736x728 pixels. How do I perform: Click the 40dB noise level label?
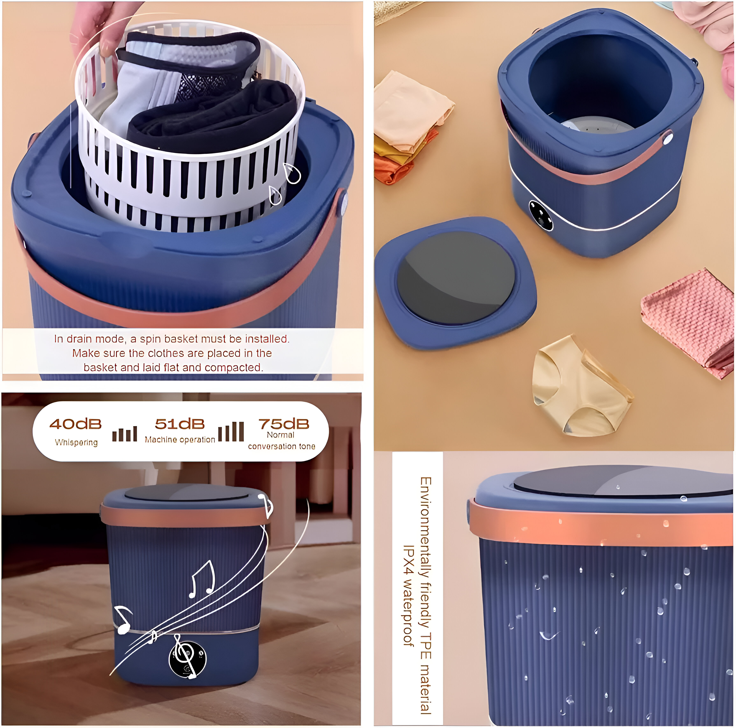[75, 424]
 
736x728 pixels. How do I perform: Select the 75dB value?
[284, 424]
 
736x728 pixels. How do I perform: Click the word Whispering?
[76, 442]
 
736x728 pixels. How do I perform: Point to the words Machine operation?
[180, 440]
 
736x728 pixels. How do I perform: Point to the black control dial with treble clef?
[188, 659]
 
